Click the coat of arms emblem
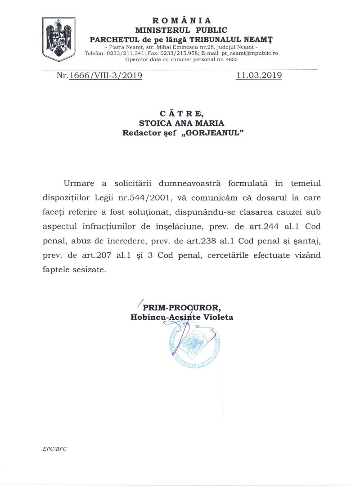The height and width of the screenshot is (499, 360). (x=58, y=39)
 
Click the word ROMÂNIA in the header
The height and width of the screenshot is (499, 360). (x=181, y=20)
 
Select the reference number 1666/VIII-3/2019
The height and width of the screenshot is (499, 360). (x=105, y=76)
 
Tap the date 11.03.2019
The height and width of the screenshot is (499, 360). (x=259, y=76)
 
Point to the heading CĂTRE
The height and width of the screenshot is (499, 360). (x=181, y=113)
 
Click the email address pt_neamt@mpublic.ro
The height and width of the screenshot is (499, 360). (x=249, y=53)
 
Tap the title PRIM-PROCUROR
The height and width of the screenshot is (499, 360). (x=182, y=308)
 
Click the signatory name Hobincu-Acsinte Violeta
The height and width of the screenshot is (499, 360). (x=182, y=317)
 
